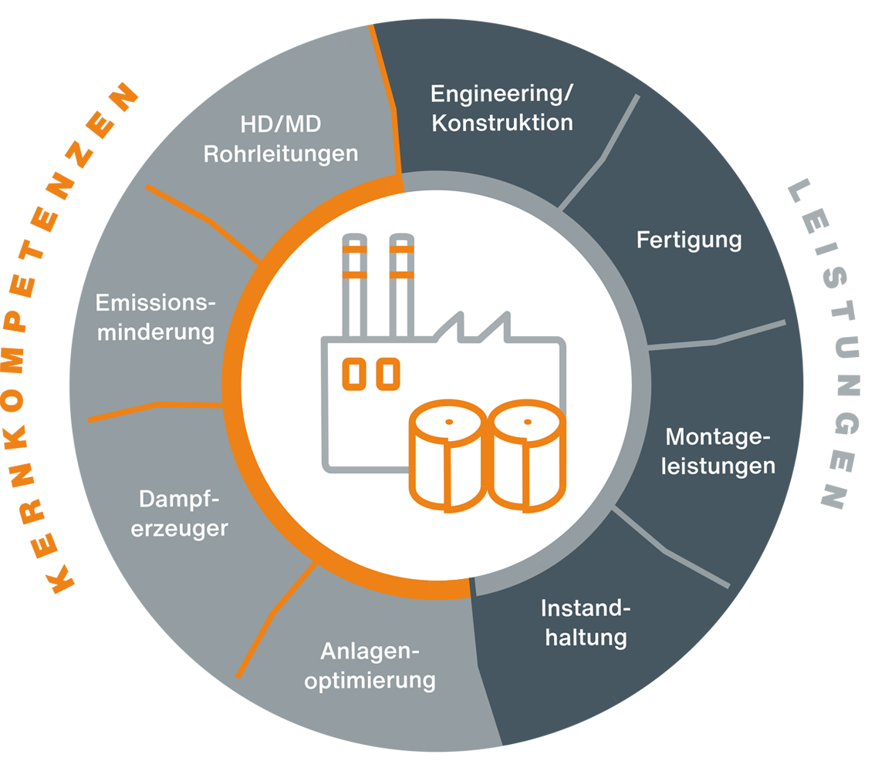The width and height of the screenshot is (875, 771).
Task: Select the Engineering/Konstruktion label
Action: pos(502,108)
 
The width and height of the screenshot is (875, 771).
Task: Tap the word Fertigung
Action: pos(688,240)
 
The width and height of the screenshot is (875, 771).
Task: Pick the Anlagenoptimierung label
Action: pos(370,666)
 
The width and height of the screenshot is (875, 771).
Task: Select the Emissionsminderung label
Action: pos(155,317)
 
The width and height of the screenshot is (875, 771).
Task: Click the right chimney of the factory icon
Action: pos(400,285)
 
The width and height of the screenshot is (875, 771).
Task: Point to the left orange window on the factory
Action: pos(353,373)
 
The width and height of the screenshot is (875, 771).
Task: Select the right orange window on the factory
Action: pos(388,373)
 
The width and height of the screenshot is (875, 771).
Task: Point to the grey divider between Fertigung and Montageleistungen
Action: pos(718,338)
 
